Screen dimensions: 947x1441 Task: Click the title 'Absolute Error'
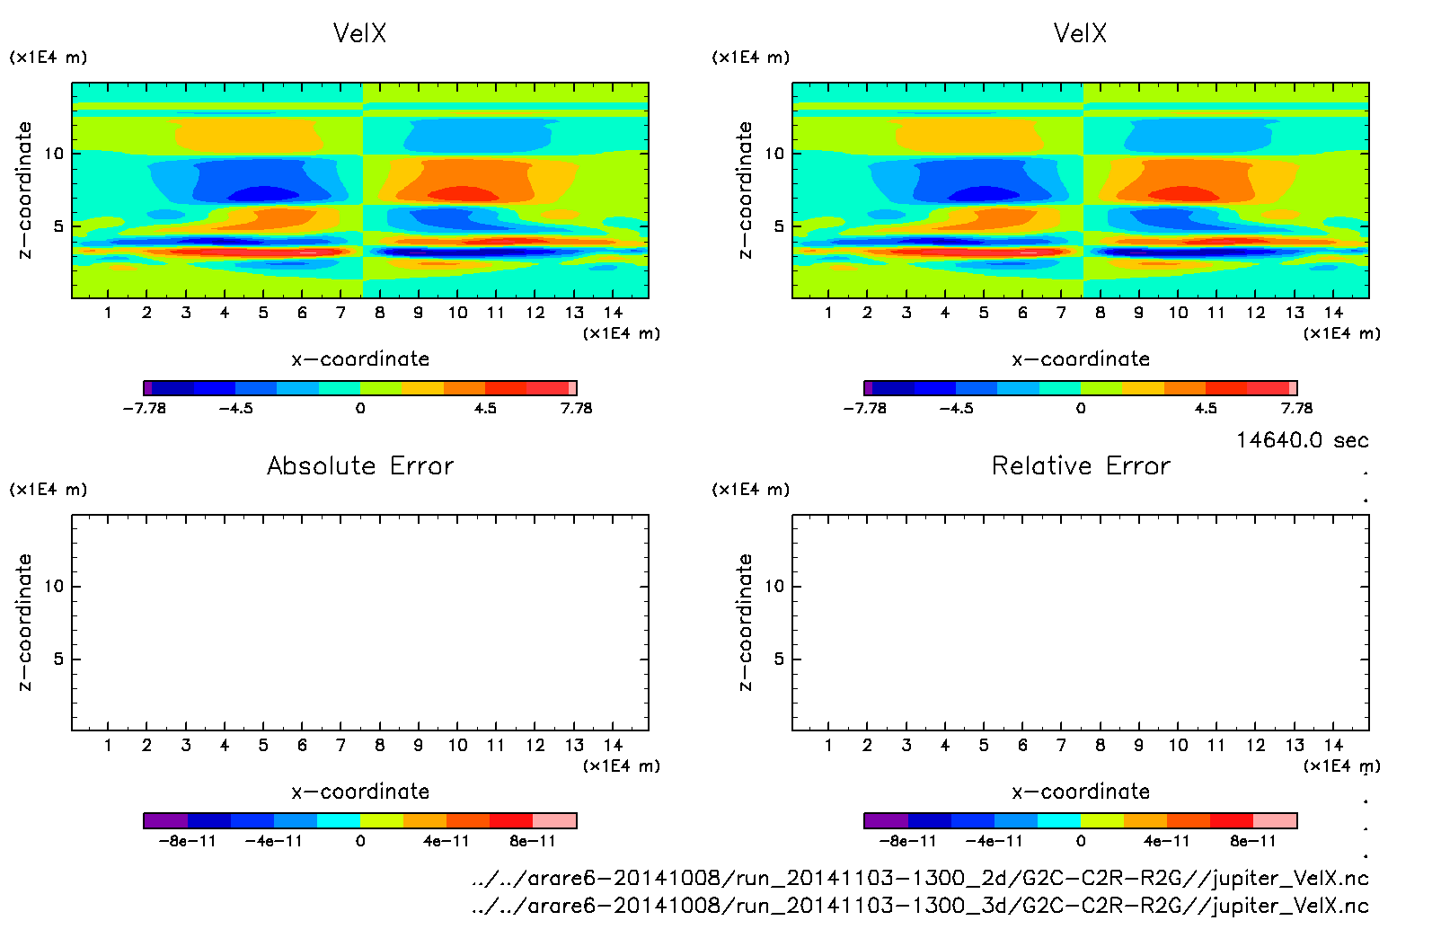point(360,465)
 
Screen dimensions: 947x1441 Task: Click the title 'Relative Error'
point(1081,465)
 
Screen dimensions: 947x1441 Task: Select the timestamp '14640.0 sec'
point(1302,440)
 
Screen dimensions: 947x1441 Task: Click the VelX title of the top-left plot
point(359,33)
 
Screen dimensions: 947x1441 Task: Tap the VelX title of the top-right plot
point(1080,33)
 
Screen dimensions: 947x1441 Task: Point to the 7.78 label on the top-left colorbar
point(576,408)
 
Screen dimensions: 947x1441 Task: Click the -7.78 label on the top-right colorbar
point(864,408)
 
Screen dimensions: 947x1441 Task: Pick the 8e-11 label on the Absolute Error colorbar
point(533,841)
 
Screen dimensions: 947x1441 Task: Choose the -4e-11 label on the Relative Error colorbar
point(994,841)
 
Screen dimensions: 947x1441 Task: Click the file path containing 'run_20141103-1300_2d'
point(920,878)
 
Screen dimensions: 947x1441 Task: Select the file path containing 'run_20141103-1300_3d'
point(920,906)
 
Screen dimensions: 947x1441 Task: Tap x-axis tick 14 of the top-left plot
point(613,313)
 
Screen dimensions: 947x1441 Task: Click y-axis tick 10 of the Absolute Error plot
point(54,587)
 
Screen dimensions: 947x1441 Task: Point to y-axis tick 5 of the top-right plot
point(779,226)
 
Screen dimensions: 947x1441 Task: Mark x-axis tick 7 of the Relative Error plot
point(1061,745)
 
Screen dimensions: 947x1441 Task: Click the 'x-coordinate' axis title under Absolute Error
point(360,792)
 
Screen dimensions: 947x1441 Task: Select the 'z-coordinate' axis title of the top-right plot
point(745,190)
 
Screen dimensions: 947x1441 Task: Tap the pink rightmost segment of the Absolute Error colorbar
point(554,820)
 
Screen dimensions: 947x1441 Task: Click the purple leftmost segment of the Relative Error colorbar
point(886,820)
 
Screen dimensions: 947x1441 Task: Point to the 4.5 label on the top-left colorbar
point(485,408)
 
